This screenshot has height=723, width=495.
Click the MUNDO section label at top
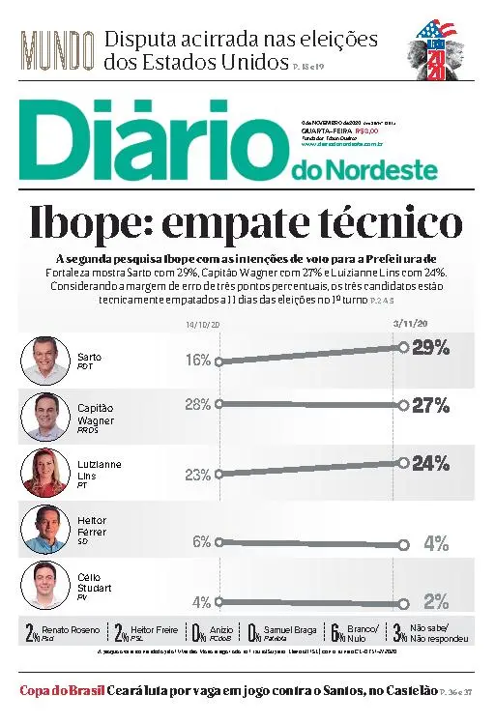click(x=57, y=49)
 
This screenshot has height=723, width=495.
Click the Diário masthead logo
click(x=155, y=145)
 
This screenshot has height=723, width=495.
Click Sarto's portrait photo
click(x=44, y=360)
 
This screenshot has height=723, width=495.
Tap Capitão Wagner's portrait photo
click(x=44, y=416)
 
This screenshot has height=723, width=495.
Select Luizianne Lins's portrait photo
click(x=44, y=471)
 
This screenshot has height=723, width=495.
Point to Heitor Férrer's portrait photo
click(x=44, y=528)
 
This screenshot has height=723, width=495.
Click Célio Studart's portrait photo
click(x=44, y=583)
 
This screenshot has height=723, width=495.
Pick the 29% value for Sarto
click(x=430, y=348)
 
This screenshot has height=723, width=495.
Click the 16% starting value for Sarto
click(x=198, y=361)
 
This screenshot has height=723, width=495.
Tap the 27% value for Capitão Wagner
click(x=430, y=405)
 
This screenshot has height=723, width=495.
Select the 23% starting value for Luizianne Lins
click(x=198, y=474)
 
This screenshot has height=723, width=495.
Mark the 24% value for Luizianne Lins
click(x=430, y=463)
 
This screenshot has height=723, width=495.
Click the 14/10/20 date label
click(x=203, y=325)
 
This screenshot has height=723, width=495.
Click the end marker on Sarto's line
click(x=402, y=347)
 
